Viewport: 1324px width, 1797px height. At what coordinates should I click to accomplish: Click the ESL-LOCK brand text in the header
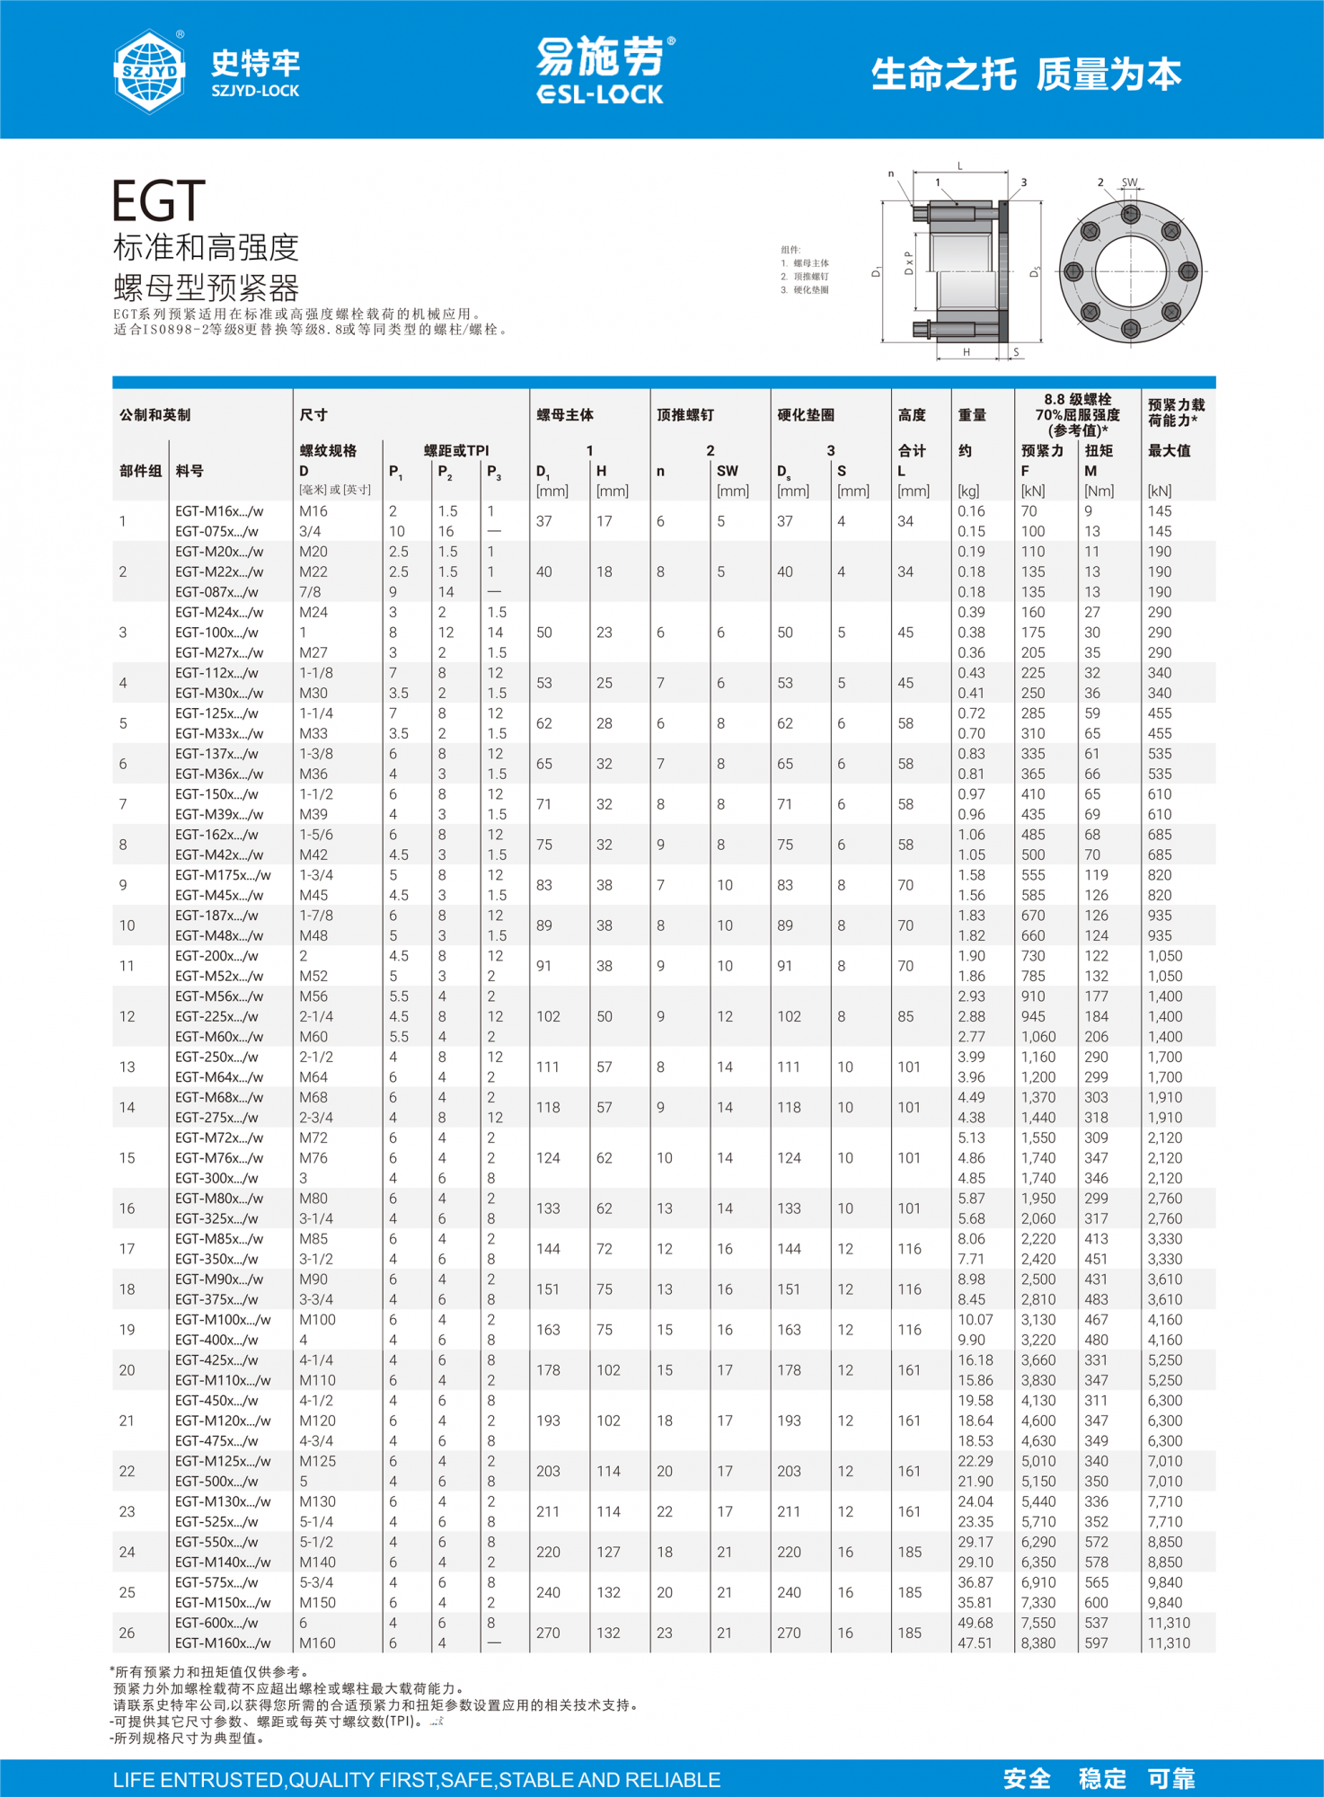[600, 94]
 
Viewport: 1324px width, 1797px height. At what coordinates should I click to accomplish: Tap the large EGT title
[159, 200]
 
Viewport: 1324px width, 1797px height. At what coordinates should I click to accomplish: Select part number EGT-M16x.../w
[219, 511]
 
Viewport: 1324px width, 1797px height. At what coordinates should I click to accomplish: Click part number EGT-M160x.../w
[223, 1643]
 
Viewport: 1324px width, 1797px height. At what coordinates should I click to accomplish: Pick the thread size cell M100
[317, 1320]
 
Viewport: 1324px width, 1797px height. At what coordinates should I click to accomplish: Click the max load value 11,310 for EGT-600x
[1169, 1624]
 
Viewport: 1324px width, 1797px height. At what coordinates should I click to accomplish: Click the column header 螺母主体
[565, 415]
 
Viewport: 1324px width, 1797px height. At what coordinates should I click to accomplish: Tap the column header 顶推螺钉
[685, 415]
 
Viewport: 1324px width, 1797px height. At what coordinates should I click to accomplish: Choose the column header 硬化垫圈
[806, 415]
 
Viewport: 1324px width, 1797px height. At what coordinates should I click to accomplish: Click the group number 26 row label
[127, 1633]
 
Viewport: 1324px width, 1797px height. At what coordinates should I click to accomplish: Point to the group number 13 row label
[127, 1067]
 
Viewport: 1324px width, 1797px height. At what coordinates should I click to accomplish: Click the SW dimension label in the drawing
[1129, 182]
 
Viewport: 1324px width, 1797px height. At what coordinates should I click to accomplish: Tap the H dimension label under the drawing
[967, 352]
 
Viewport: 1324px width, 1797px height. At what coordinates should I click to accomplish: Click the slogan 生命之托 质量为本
[1026, 75]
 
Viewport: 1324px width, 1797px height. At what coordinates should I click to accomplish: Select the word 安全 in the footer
[1027, 1779]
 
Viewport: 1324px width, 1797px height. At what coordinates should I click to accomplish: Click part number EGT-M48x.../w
[219, 935]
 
